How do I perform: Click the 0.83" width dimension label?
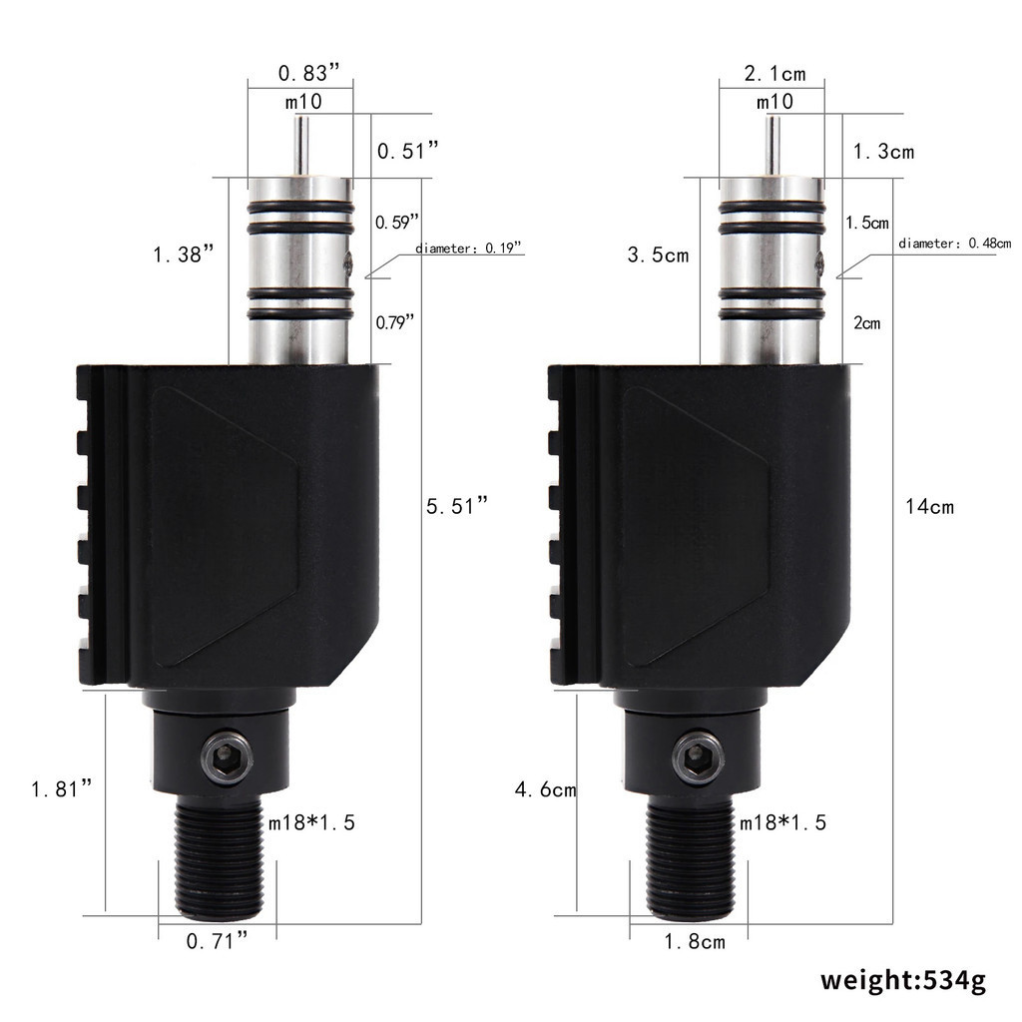point(309,73)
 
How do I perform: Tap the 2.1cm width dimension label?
point(774,73)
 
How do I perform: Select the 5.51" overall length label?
point(457,506)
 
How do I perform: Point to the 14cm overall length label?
point(929,507)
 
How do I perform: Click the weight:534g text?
point(903,979)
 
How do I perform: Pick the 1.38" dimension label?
point(185,255)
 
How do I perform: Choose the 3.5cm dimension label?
point(658,255)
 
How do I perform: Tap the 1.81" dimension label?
point(62,789)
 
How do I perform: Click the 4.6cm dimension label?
point(545,790)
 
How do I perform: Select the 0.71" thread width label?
point(218,940)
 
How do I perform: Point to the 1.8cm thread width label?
point(694,940)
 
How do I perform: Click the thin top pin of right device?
point(771,146)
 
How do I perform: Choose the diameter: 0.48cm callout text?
point(954,244)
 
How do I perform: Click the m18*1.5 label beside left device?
point(311,822)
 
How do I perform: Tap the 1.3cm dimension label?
point(882,152)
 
